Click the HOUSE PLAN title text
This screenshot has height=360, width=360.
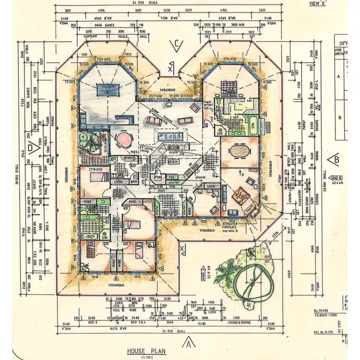click(x=146, y=351)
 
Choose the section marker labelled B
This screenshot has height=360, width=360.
click(x=334, y=159)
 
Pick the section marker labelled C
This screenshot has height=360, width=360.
click(x=177, y=46)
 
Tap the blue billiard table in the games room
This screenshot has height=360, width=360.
click(x=107, y=89)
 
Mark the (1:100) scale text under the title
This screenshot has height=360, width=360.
click(x=146, y=357)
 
